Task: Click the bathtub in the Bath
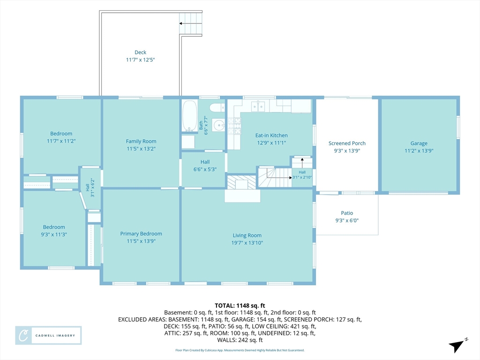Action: click(x=190, y=116)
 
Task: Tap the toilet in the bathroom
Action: click(x=217, y=108)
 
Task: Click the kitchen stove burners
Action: click(x=234, y=126)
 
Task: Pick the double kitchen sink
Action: click(x=258, y=106)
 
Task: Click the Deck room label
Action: click(x=141, y=52)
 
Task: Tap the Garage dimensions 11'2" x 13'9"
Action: click(x=419, y=150)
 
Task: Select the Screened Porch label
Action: click(x=347, y=143)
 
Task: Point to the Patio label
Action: click(x=347, y=213)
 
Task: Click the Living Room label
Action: click(x=247, y=235)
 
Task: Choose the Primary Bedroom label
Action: click(x=141, y=234)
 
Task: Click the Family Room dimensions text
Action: click(x=141, y=149)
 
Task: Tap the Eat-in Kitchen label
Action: click(x=271, y=135)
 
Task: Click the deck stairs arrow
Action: click(x=190, y=23)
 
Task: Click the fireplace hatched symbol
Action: click(x=241, y=182)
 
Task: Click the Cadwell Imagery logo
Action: click(x=48, y=336)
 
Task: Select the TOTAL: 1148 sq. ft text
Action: click(x=240, y=306)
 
